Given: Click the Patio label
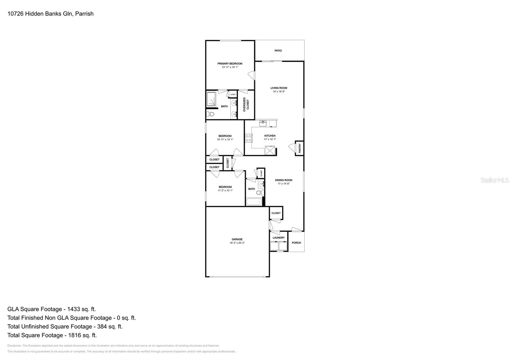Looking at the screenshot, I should tap(278, 51).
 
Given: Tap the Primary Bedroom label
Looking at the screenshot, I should tap(230, 64).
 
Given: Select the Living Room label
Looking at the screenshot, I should tap(279, 88).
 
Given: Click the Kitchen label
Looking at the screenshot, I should tap(270, 136).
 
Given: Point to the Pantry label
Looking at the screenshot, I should tap(300, 148).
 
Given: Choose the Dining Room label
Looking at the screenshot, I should tap(283, 180).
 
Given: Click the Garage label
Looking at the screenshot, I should tap(237, 239).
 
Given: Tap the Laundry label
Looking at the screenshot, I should tap(279, 238).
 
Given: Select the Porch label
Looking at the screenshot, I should tap(296, 243).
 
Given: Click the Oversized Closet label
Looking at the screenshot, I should tap(246, 104).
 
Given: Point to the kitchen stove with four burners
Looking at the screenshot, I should tap(249, 138).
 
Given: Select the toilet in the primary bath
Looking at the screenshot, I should tap(210, 114).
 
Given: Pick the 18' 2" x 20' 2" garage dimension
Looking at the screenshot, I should tap(237, 243).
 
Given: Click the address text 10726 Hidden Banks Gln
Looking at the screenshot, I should tap(40, 14).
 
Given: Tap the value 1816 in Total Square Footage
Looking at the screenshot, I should tap(75, 335).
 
